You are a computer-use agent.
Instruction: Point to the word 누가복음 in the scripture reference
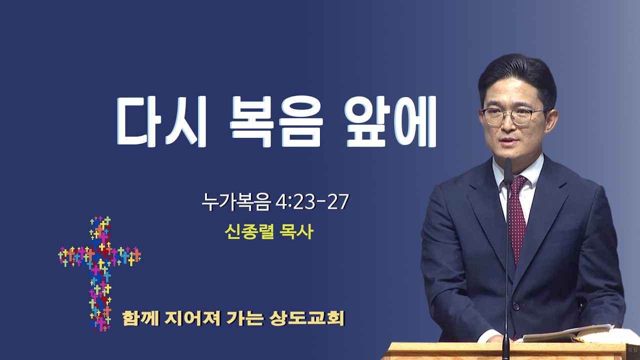point(235,202)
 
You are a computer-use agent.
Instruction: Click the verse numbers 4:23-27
point(312,201)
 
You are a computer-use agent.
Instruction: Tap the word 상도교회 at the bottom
point(306,318)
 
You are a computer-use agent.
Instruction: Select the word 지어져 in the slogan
point(192,318)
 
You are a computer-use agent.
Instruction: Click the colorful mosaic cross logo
point(99,273)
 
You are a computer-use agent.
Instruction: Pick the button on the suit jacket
point(516,307)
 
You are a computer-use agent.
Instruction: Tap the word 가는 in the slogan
point(244,318)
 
